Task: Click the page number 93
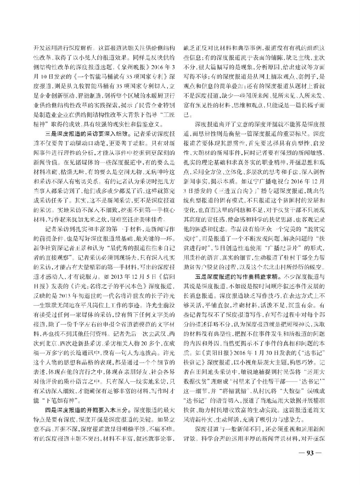[x=309, y=452]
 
